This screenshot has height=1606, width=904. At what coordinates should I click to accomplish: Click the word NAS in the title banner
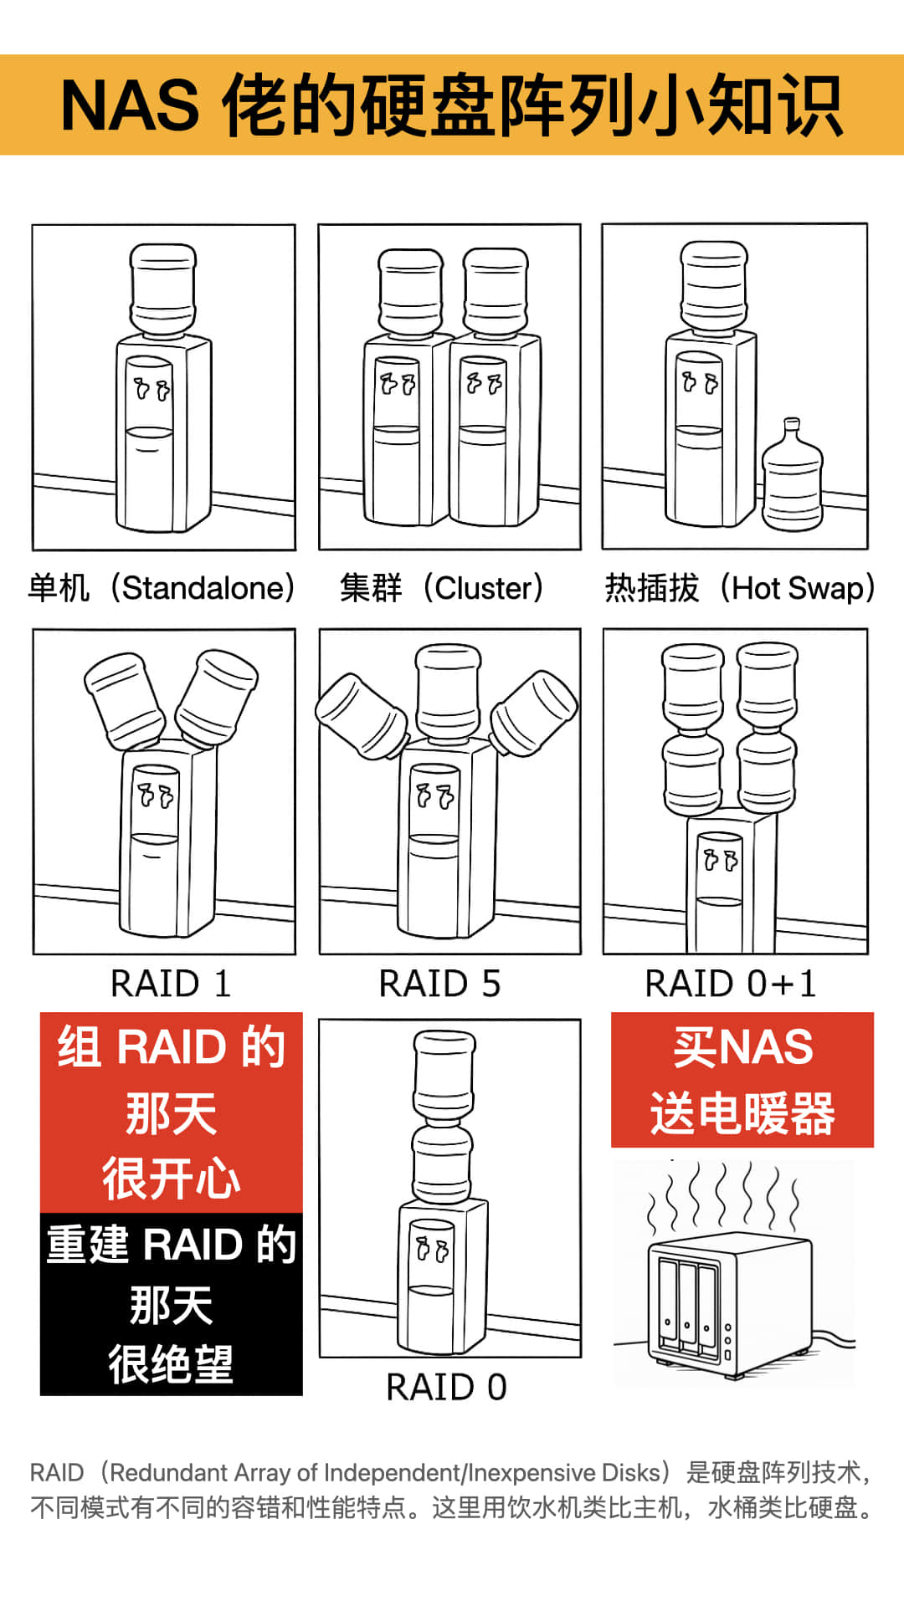coord(130,106)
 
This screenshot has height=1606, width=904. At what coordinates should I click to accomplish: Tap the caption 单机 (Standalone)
coord(162,588)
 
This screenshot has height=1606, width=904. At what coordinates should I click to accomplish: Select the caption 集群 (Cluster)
coord(443,588)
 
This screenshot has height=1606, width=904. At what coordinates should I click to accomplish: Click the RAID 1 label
coord(171,984)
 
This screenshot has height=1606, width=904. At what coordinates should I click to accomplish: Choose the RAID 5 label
coord(439,984)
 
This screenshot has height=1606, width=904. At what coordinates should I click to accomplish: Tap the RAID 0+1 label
coord(731,984)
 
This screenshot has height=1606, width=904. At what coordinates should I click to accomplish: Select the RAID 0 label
coord(446,1388)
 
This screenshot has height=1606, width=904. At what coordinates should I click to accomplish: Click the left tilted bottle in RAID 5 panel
coord(362,715)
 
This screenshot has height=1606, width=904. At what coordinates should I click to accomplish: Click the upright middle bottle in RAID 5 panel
coord(449,693)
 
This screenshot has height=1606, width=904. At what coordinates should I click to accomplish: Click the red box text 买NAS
coord(742,1047)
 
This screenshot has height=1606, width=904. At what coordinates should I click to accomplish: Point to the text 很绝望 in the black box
coord(171,1364)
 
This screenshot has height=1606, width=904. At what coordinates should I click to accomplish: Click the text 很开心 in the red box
coord(171,1178)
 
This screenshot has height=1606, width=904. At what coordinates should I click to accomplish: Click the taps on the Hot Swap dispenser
coord(700,383)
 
